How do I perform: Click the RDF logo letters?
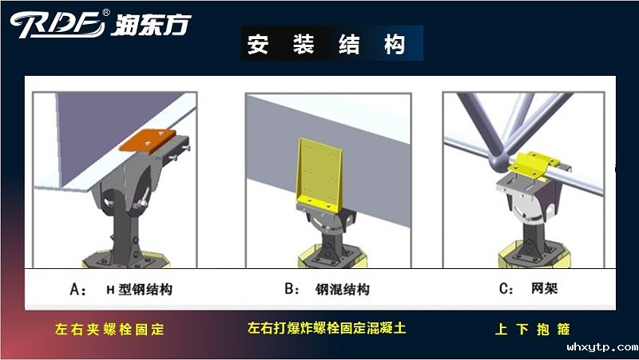(56, 24)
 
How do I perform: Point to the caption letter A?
(77, 290)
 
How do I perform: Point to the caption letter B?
(289, 290)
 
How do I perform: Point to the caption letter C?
(506, 290)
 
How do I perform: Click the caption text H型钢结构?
(139, 290)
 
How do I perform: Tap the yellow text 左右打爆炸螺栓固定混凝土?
(327, 328)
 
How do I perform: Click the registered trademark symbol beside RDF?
(107, 12)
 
